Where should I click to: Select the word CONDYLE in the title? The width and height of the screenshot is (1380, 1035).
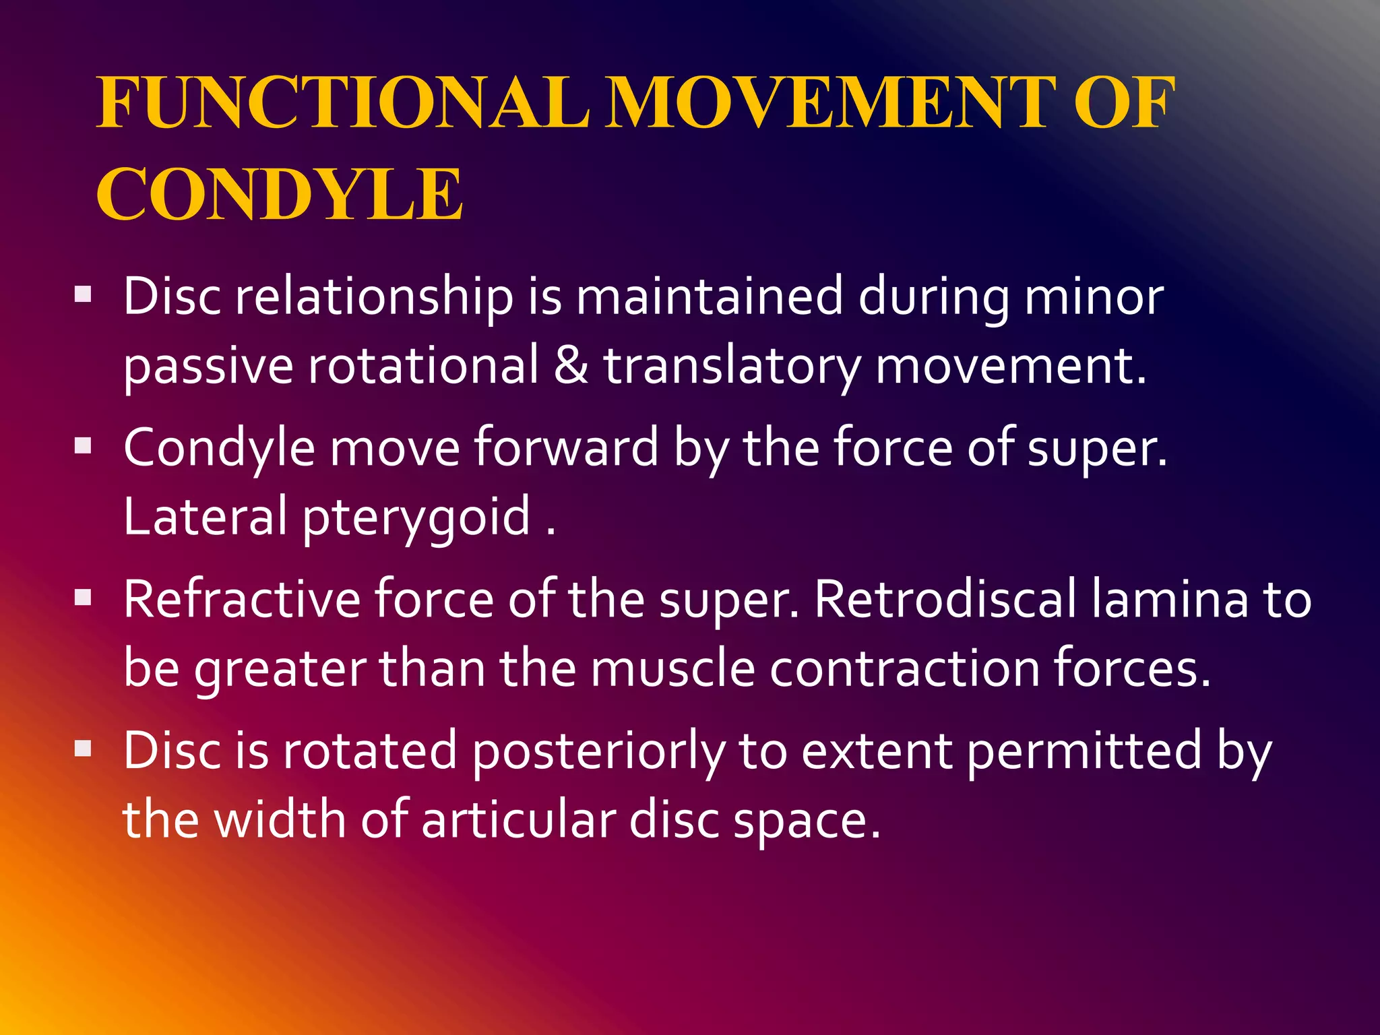click(280, 195)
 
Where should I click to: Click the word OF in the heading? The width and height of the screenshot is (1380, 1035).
click(1124, 102)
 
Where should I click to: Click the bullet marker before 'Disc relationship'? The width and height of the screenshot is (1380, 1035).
click(83, 294)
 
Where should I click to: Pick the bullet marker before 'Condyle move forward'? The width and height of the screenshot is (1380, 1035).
click(83, 446)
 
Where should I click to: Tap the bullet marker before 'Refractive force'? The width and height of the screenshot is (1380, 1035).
click(83, 598)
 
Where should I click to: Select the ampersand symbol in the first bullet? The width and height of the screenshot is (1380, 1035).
click(571, 365)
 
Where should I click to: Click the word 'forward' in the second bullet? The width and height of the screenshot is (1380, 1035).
click(566, 447)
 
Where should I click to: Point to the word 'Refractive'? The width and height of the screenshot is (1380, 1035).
click(242, 599)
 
